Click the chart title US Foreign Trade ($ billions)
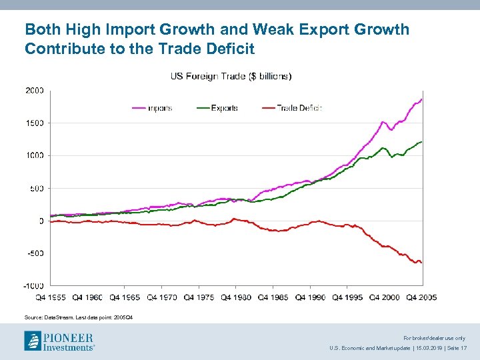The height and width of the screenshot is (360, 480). point(231,76)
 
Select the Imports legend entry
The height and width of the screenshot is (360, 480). point(160,107)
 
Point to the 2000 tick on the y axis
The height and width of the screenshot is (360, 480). point(35,90)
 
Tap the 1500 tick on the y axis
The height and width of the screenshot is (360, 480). point(35,123)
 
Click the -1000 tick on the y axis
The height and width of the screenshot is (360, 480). point(34,286)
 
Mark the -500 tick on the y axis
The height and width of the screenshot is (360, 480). point(35,253)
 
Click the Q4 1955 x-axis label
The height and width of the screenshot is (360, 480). point(51,297)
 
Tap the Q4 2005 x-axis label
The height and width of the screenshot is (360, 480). point(421,297)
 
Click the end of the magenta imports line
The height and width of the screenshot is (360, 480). point(422,99)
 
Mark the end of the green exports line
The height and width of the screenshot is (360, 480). point(422,142)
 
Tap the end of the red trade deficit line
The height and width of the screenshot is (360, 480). point(422,263)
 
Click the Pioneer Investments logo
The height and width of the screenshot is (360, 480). point(59,341)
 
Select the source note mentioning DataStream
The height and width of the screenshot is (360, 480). point(79,317)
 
